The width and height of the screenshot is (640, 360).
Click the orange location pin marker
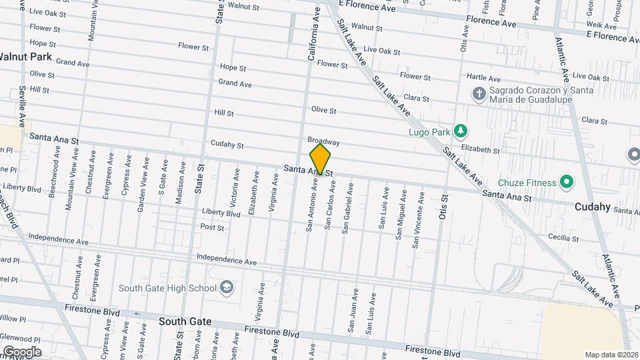coord(320,159)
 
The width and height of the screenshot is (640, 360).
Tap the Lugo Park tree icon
coord(459,129)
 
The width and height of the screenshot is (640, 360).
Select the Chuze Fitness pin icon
coord(567,181)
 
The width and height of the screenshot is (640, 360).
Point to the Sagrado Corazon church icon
coord(478,94)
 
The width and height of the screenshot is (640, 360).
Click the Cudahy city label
coord(593,207)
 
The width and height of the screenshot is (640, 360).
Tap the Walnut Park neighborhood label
coord(25,57)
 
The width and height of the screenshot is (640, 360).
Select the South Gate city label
coord(185,321)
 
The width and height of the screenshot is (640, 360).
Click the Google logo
coord(22,351)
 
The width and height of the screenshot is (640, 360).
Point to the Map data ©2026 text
coord(611,355)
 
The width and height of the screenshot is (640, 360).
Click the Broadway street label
coord(324,142)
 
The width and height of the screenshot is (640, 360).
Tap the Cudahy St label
coord(227,144)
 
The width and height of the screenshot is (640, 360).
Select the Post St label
coord(212,227)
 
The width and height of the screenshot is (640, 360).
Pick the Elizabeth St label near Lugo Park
coord(480,151)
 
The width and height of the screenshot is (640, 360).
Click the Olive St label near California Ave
coord(323,109)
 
